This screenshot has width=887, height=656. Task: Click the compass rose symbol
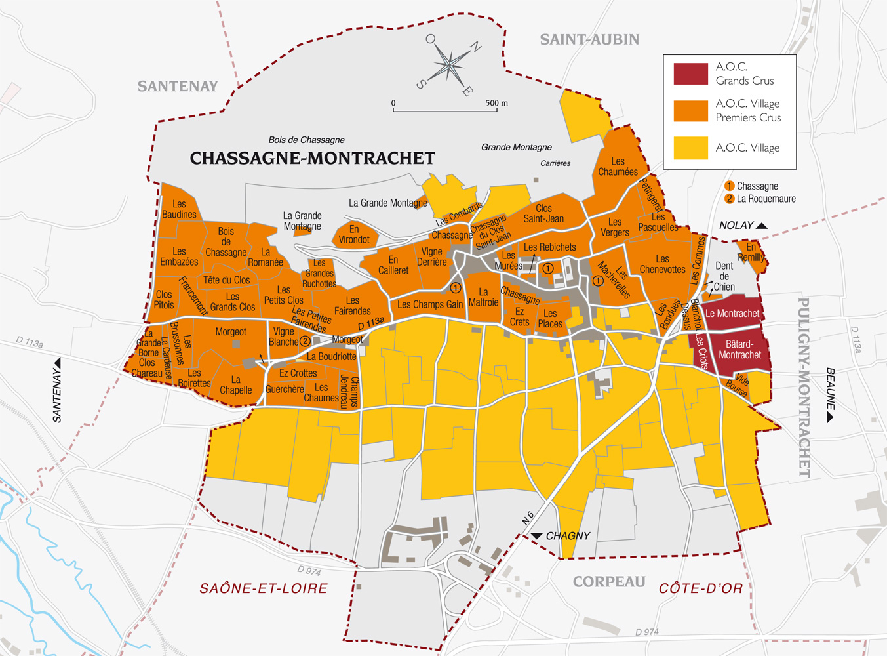point(450,65)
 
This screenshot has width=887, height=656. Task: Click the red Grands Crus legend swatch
point(690,73)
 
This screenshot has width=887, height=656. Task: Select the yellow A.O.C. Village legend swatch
point(690,148)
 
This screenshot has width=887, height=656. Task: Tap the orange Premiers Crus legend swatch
point(690,111)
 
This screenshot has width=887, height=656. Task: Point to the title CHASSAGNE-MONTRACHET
point(312,158)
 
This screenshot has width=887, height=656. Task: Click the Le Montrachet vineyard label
point(732,314)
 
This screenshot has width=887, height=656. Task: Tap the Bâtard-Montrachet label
point(739,350)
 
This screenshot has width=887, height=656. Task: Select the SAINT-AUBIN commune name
point(589,39)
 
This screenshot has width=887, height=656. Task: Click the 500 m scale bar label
point(496,103)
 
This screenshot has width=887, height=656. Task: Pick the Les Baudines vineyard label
point(179,209)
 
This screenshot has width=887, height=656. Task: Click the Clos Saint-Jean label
point(543,213)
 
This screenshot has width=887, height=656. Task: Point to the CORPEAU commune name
point(609,582)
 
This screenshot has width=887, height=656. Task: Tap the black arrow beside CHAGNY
point(537,536)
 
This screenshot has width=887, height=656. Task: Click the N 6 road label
point(528,518)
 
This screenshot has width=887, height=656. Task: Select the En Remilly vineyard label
point(751,252)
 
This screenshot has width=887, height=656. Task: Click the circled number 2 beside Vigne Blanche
point(305,341)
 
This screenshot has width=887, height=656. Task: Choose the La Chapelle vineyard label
point(235,385)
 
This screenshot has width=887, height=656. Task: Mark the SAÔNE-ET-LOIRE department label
point(264,588)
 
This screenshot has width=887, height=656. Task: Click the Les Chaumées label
point(618,167)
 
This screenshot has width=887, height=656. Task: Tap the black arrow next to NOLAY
point(762,226)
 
